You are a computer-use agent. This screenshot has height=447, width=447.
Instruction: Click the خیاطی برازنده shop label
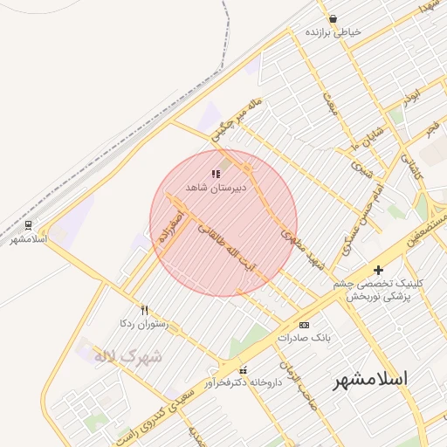333,31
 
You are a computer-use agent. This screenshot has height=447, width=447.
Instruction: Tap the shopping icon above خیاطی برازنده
333,18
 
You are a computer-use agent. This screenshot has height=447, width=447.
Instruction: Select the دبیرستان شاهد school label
216,188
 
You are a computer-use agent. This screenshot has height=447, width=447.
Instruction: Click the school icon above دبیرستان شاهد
216,175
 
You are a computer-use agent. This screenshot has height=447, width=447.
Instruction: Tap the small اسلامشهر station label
28,238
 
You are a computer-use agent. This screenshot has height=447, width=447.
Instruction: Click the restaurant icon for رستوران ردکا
145,310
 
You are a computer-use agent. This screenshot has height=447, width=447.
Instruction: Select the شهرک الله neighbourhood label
128,357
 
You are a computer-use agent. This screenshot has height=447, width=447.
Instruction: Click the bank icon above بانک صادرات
304,324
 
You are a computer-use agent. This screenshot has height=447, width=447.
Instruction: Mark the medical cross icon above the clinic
378,271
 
